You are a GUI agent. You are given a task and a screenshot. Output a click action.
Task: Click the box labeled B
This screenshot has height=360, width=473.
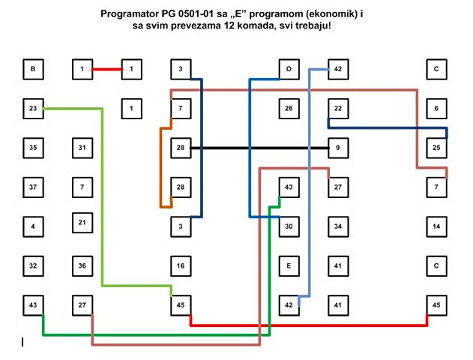[33, 70]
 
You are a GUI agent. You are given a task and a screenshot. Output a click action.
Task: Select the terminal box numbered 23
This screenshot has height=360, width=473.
[33, 109]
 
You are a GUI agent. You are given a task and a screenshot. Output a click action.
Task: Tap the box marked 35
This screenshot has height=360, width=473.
[33, 148]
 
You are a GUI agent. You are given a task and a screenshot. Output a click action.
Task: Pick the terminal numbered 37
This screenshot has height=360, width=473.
[33, 186]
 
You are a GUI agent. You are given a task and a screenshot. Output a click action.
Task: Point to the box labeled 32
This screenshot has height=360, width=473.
[33, 265]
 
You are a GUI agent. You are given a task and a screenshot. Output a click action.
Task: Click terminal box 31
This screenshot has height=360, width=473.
[82, 148]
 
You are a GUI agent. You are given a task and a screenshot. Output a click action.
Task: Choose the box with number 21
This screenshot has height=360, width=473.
[82, 223]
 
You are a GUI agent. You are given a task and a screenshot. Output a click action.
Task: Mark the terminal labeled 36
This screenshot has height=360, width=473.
[82, 265]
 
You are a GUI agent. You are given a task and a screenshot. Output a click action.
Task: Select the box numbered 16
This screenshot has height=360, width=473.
[181, 265]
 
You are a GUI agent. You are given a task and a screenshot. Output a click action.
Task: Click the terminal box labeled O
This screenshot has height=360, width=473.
[289, 70]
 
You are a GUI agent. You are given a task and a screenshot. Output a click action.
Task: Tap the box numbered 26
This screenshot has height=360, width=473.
[289, 109]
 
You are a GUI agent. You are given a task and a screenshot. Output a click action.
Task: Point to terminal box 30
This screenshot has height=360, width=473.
[289, 226]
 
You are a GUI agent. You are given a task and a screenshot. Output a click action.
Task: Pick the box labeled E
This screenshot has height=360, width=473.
[289, 265]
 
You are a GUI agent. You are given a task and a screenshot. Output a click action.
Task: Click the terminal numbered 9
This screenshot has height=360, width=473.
[338, 148]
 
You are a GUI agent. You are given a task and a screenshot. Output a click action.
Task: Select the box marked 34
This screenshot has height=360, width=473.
[338, 226]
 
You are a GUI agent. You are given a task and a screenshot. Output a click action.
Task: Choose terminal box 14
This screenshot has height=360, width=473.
[436, 226]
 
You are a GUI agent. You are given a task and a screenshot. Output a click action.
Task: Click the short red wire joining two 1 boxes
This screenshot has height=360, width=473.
[106, 70]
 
